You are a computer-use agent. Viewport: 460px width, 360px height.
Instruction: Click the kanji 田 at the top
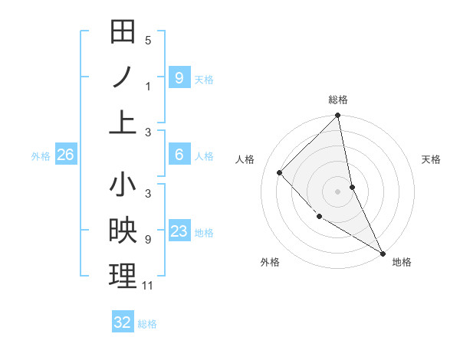point(123,32)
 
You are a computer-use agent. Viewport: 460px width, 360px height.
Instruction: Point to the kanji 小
point(123,186)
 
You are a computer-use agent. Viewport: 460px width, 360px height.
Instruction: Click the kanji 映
point(123,231)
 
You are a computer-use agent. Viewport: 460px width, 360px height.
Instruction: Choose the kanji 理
point(123,276)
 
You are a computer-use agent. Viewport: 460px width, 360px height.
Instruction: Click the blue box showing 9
point(179,77)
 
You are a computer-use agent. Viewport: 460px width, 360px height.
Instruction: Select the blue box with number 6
point(179,155)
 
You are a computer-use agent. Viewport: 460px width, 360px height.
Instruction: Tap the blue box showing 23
point(179,231)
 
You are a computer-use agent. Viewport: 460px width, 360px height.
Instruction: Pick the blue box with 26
point(65,155)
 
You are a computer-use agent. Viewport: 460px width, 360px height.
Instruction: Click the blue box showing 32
point(123,322)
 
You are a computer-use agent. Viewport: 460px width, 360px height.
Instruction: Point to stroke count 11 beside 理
point(149,286)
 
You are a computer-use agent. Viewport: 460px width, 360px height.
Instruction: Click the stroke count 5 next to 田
point(148,41)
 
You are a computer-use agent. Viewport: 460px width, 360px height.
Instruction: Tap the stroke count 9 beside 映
point(148,240)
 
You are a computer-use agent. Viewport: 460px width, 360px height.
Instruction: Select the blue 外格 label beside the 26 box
point(41,156)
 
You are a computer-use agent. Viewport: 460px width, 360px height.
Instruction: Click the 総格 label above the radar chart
point(338,100)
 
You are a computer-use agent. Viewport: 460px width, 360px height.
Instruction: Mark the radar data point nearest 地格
point(382,253)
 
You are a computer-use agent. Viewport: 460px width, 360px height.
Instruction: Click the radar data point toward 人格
point(280,172)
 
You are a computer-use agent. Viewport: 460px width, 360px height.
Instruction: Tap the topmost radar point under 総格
point(338,116)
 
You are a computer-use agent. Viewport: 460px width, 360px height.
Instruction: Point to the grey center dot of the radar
point(338,191)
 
